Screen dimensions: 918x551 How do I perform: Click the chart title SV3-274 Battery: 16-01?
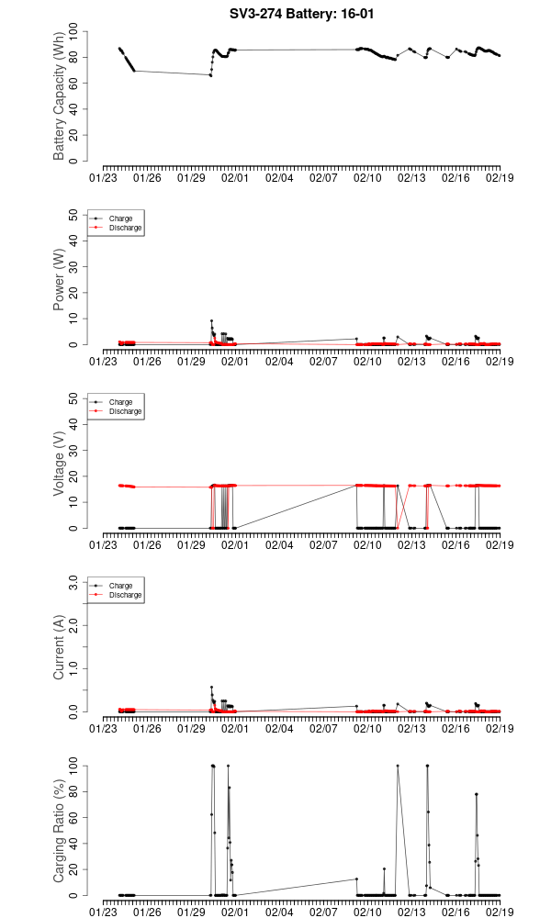pos(302,15)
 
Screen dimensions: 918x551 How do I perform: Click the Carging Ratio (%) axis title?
pos(60,831)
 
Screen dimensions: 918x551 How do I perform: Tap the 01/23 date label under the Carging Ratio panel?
pos(104,912)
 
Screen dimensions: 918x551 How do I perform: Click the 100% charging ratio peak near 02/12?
pos(398,766)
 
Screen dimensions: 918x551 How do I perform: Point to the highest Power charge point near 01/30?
pos(211,320)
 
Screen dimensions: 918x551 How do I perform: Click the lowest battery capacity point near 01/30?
pos(210,75)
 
